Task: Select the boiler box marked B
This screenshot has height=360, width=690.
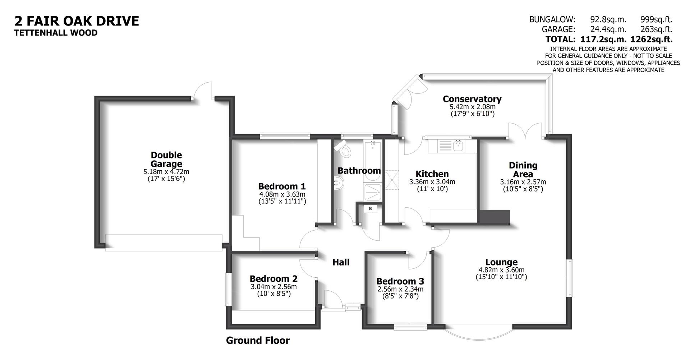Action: (x=370, y=208)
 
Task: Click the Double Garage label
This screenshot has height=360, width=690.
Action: (x=166, y=160)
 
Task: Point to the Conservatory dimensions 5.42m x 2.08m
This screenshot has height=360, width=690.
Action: (x=472, y=107)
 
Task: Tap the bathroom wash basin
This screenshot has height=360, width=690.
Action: (x=339, y=183)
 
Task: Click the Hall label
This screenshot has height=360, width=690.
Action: (x=341, y=262)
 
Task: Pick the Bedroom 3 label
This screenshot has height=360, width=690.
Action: (x=400, y=281)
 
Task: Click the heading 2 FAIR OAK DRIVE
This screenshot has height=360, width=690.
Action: (x=77, y=21)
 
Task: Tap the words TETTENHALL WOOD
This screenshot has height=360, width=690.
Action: (x=56, y=33)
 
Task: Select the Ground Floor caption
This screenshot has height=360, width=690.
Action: (x=258, y=340)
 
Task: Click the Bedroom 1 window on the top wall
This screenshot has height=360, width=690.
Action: (x=285, y=136)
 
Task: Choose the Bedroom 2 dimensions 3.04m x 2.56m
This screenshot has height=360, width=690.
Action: (x=273, y=287)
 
